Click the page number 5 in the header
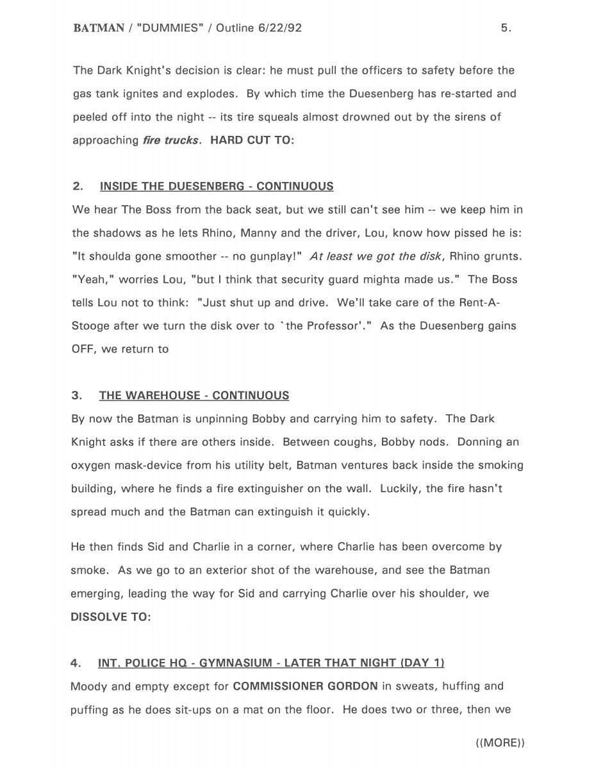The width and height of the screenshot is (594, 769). tap(505, 28)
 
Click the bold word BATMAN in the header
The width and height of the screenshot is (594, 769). tap(99, 28)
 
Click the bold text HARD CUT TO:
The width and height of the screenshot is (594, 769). tap(252, 140)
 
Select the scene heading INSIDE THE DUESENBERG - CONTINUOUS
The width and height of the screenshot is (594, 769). tap(217, 186)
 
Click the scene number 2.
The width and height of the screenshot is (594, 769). tap(78, 186)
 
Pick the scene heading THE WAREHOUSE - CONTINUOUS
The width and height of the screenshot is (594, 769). tap(194, 395)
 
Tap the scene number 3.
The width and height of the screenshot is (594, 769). tap(77, 395)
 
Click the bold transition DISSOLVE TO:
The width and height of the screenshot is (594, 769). tap(111, 616)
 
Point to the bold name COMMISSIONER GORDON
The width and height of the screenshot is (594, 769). tap(305, 686)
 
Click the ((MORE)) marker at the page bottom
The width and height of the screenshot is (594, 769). tap(500, 743)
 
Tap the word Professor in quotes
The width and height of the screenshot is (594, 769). tap(321, 326)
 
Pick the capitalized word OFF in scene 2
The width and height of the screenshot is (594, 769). tap(83, 349)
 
